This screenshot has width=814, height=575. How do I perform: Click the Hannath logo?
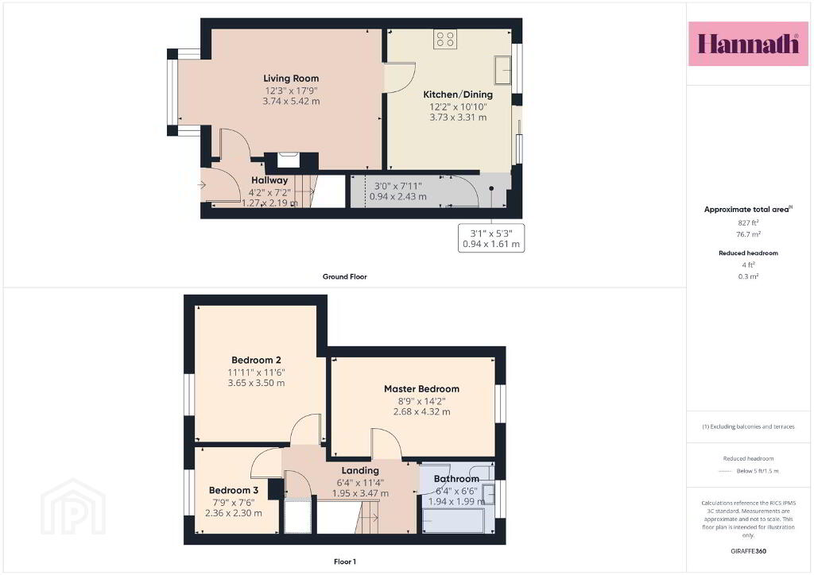tap(748, 44)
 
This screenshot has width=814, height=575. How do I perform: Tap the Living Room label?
tap(291, 79)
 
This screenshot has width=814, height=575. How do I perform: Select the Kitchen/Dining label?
tap(458, 95)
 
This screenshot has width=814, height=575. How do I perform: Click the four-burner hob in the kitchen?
tap(445, 39)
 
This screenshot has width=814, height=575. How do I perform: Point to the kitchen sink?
tap(502, 69)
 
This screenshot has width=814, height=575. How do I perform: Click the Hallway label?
tap(269, 180)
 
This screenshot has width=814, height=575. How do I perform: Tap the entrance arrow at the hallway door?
tap(201, 184)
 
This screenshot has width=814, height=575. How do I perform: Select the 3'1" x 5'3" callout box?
tap(491, 238)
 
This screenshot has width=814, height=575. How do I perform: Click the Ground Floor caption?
tap(345, 276)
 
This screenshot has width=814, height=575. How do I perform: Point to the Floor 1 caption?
tap(345, 561)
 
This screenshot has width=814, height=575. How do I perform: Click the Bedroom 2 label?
tap(257, 360)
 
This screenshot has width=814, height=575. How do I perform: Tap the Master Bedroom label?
tap(421, 389)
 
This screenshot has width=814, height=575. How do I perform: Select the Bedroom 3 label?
tap(234, 490)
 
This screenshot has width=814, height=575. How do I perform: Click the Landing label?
tap(360, 470)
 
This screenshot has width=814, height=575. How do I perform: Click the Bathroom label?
tap(456, 479)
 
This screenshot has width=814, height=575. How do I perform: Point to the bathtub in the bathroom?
tap(454, 520)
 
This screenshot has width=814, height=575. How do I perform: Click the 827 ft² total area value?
tap(748, 223)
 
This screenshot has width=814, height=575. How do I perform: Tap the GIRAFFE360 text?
tap(748, 551)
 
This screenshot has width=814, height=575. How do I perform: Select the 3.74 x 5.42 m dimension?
tap(291, 101)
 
